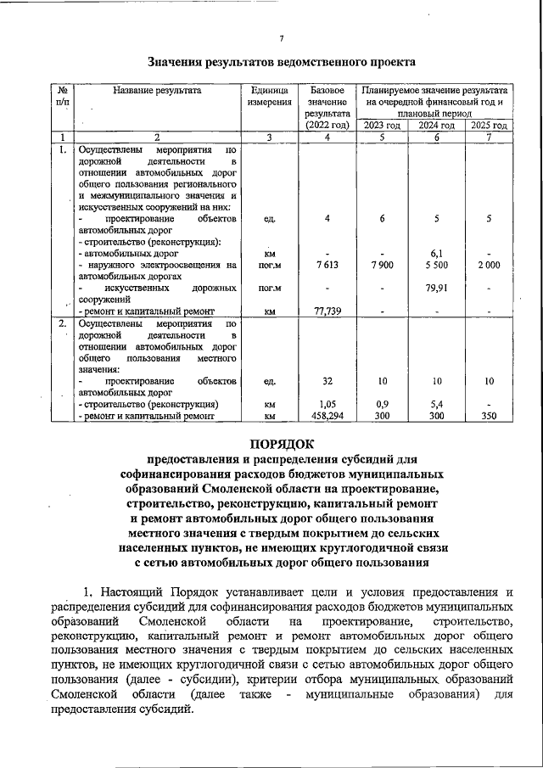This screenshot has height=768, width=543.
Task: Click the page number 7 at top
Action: pyautogui.click(x=281, y=37)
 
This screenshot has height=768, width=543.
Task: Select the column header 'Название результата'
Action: pyautogui.click(x=157, y=89)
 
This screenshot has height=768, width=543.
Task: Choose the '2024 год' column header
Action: pyautogui.click(x=436, y=126)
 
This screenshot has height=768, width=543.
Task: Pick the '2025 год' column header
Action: pyautogui.click(x=489, y=126)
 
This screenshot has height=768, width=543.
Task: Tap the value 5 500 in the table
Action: pyautogui.click(x=436, y=265)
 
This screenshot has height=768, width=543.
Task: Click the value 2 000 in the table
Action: pyautogui.click(x=489, y=265)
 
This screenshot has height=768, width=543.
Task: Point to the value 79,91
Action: pyautogui.click(x=436, y=288)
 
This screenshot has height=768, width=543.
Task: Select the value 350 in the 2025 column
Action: pyautogui.click(x=489, y=416)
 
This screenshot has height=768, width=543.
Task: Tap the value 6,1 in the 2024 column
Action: pyautogui.click(x=436, y=253)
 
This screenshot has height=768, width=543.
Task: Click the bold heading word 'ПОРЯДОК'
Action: pyautogui.click(x=281, y=443)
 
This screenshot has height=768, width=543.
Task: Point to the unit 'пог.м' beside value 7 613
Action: pyautogui.click(x=269, y=265)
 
